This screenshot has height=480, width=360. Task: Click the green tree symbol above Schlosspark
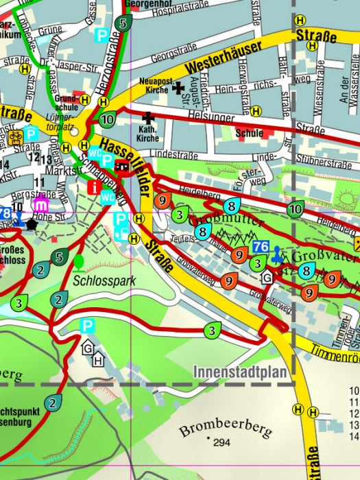[x=79, y=261]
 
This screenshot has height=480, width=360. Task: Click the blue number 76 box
[x=261, y=247]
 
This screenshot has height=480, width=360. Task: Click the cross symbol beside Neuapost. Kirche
[x=178, y=87]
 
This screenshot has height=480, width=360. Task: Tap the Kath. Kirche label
[x=147, y=134]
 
